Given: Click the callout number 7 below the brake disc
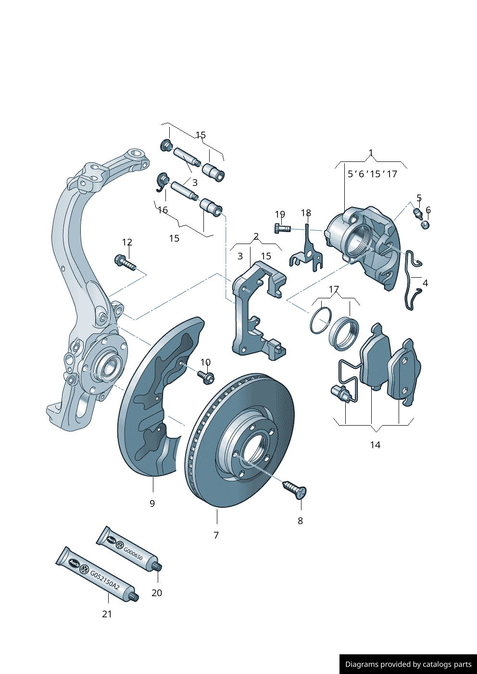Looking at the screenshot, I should pos(216,535).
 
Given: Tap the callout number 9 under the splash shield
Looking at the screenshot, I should pos(152,503).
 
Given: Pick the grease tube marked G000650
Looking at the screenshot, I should pos(128,549).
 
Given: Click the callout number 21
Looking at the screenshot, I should pos(107,614).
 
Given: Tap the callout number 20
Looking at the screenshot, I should pos(157,593).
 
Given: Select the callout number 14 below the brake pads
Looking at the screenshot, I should pos(375,445).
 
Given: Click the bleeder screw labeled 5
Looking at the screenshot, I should pos(418,212).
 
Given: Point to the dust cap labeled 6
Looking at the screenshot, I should pos(425,224).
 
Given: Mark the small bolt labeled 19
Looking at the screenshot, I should pos(282,229).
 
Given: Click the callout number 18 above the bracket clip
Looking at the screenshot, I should pos(306,213).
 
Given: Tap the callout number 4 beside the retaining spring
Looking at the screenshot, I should pos(425,283).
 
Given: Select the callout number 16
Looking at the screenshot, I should pos(163,210).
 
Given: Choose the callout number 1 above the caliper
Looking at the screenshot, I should pos(371,153).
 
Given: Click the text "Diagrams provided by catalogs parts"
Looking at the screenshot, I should pos(408,664).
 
